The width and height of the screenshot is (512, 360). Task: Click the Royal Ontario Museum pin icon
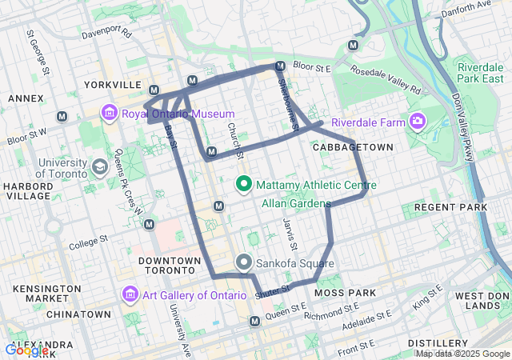point(110,114)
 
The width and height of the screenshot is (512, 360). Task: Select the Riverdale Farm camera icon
point(416,122)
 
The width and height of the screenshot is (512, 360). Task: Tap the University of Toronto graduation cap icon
point(100,166)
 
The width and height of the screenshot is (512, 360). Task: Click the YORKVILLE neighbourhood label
point(111,84)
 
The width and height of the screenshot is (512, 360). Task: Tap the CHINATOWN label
point(78,314)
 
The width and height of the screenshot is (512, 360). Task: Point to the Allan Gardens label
point(295,203)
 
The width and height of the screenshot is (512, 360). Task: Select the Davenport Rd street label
point(107,33)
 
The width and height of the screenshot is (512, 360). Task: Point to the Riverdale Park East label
point(481,73)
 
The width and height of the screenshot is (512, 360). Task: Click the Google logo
point(26,350)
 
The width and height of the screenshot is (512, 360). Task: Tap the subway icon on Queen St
point(254,321)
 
